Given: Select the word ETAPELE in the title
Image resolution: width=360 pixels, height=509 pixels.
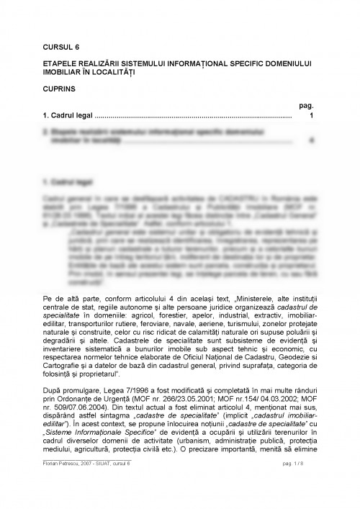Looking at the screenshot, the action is (x=60, y=63).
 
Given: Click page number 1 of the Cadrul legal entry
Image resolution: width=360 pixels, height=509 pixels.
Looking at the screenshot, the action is (x=310, y=114).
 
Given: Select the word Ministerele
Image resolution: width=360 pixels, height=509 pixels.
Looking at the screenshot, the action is (x=233, y=297).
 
